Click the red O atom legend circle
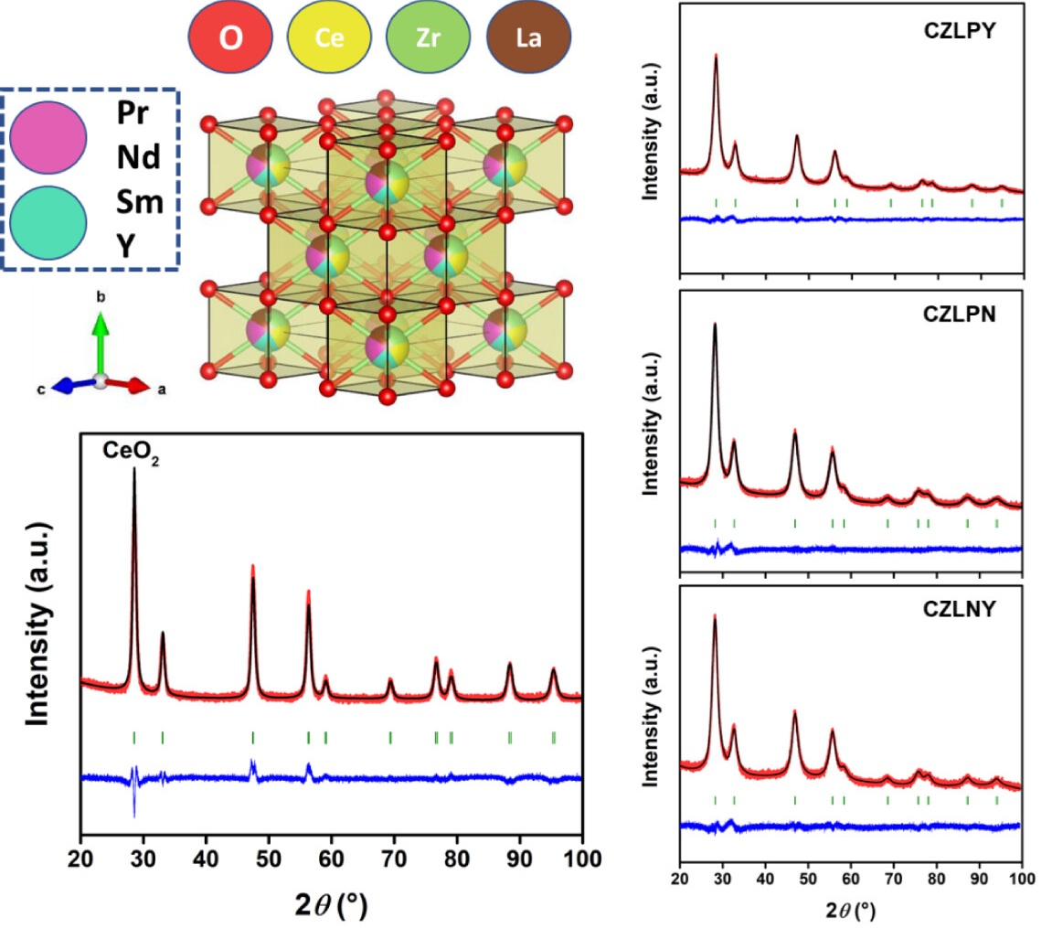tap(231, 41)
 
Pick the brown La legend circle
tap(529, 41)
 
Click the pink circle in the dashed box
tap(48, 137)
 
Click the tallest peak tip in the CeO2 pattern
tap(134, 470)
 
